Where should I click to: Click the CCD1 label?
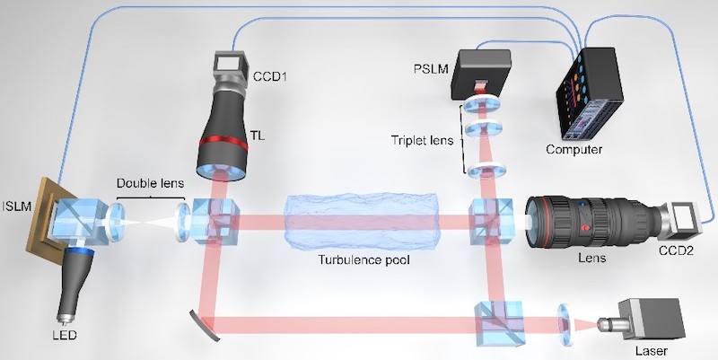(x=270, y=76)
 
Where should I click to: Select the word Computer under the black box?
(x=574, y=149)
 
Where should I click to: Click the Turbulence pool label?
(x=364, y=260)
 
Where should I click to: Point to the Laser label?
(x=652, y=351)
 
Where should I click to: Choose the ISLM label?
(x=16, y=206)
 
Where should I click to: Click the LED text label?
(x=65, y=335)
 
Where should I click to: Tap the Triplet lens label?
(x=422, y=140)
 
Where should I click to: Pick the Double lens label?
(x=150, y=183)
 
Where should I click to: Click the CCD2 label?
(x=676, y=250)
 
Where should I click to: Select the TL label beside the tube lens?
(x=258, y=136)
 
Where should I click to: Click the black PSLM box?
(x=481, y=74)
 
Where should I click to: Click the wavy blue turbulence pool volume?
(x=362, y=223)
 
